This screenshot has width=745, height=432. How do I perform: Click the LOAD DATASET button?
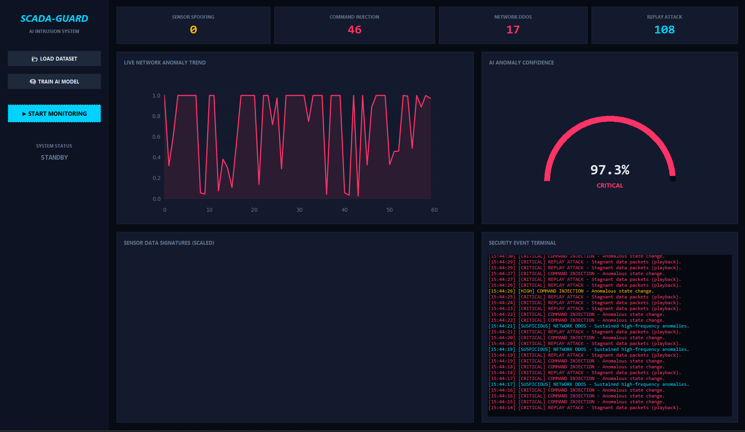click(54, 59)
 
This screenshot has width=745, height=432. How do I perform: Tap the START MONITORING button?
click(54, 113)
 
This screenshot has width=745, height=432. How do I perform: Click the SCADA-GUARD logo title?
click(54, 19)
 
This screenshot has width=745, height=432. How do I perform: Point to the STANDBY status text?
click(54, 157)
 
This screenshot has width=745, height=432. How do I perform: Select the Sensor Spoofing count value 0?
click(193, 30)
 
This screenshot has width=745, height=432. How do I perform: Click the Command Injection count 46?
click(354, 30)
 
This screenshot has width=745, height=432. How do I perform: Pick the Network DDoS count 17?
click(513, 30)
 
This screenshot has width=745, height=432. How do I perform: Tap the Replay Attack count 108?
click(664, 30)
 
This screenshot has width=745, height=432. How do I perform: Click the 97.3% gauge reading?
click(609, 170)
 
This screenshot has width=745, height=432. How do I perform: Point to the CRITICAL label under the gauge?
click(609, 186)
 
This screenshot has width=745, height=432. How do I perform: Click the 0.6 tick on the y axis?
click(156, 137)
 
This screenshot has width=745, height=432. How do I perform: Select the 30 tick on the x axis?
click(299, 210)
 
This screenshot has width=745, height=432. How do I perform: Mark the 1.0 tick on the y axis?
click(156, 96)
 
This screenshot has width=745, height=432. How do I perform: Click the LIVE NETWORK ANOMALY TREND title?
click(165, 63)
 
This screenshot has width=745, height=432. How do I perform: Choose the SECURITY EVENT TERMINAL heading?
click(522, 243)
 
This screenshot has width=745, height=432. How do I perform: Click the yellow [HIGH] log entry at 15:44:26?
click(571, 291)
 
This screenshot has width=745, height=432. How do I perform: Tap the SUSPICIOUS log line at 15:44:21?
click(588, 326)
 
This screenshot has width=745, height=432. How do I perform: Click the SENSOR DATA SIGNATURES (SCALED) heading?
click(169, 243)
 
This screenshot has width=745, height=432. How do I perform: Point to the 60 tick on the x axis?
click(434, 210)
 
